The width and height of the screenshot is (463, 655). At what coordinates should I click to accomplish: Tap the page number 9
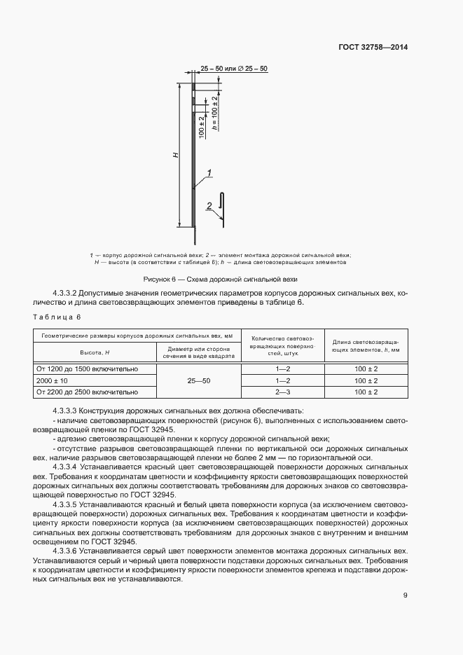[x=405, y=596]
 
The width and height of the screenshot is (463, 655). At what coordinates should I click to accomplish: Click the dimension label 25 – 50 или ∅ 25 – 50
[x=234, y=68]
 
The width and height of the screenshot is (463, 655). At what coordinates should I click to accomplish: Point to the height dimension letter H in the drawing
[x=177, y=155]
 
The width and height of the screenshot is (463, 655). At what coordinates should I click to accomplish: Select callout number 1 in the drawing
[x=209, y=172]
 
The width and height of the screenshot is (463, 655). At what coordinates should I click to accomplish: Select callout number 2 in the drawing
[x=209, y=205]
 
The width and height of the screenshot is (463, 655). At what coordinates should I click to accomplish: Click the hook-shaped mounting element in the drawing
[x=221, y=208]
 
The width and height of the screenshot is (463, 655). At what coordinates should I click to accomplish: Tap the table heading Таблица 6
[x=53, y=317]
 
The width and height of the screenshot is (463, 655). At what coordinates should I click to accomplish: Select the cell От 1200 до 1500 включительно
[x=88, y=368]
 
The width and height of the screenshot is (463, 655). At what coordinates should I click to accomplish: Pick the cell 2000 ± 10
[x=53, y=380]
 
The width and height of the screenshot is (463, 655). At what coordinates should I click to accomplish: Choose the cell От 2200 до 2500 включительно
[x=88, y=392]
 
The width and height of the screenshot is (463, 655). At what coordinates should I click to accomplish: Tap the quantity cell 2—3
[x=282, y=392]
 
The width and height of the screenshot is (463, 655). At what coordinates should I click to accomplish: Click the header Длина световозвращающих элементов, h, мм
[x=366, y=344]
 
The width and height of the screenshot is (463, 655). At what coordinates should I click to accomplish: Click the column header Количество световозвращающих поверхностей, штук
[x=282, y=344]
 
